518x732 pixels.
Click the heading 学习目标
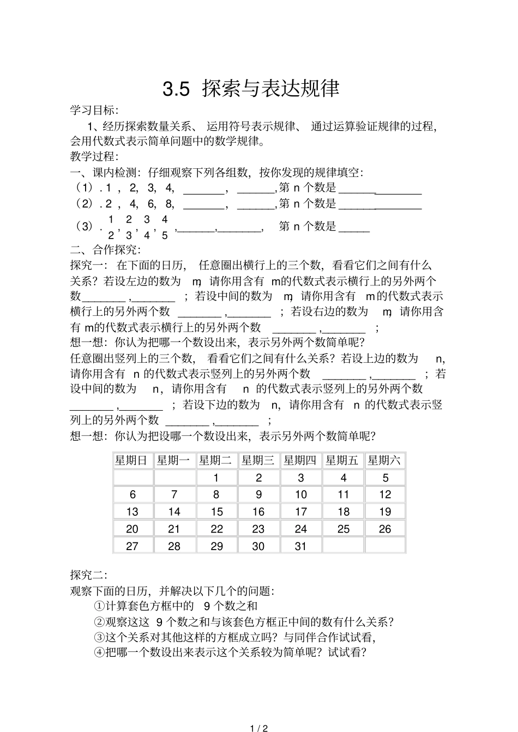click(94, 111)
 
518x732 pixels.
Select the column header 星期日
click(131, 461)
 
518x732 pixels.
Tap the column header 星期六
click(385, 461)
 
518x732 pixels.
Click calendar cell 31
click(300, 546)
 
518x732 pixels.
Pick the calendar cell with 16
click(258, 512)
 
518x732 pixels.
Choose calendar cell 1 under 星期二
click(216, 478)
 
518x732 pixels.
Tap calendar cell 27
click(132, 546)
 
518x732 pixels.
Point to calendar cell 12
click(385, 495)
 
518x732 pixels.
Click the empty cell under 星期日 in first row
click(132, 478)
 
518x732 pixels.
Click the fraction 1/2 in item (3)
click(111, 227)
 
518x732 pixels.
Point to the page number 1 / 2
click(258, 728)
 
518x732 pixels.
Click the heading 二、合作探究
click(105, 250)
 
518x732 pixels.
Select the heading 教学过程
click(94, 157)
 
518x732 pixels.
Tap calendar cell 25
click(343, 529)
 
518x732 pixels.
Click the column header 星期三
click(258, 461)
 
